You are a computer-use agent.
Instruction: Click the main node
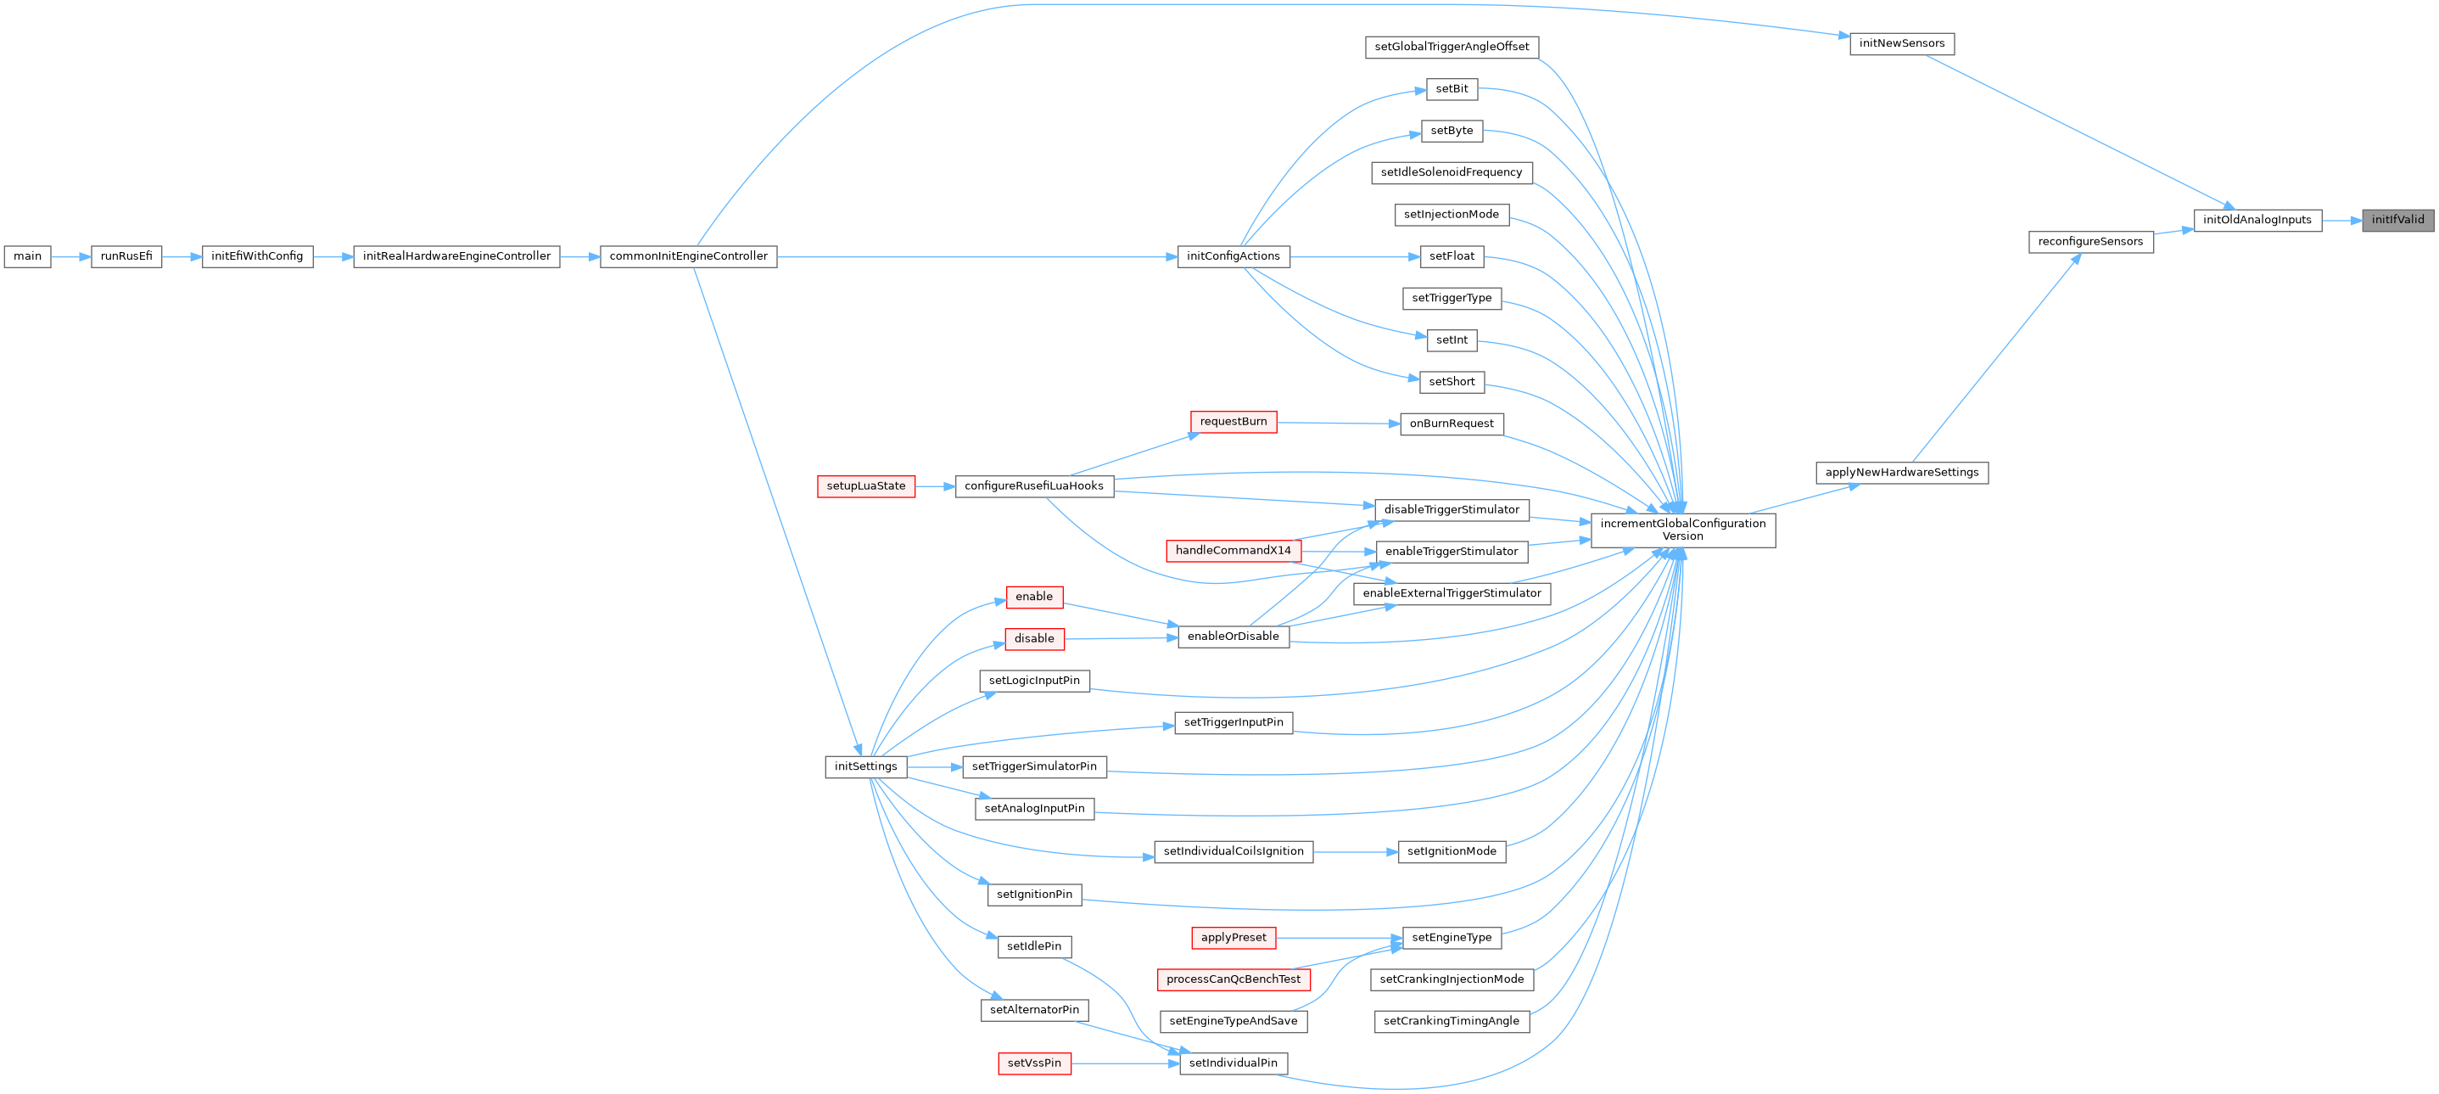(27, 256)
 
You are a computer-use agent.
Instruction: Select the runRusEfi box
(126, 256)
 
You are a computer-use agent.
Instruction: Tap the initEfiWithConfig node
(256, 256)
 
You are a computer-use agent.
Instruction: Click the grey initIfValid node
(2397, 220)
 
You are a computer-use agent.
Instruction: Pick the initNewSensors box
(1901, 43)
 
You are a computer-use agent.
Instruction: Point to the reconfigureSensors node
(2090, 242)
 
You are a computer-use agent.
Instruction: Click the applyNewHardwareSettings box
(1901, 473)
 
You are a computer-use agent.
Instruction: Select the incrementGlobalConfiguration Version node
(1682, 530)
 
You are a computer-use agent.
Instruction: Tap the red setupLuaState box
(865, 486)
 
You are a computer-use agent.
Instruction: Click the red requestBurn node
(1233, 422)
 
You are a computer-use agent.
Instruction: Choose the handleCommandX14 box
(1233, 550)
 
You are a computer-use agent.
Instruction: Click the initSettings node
(865, 766)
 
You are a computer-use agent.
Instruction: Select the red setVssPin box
(1034, 1063)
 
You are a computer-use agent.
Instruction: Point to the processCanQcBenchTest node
(1233, 979)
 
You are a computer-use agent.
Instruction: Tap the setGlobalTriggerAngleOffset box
(1452, 47)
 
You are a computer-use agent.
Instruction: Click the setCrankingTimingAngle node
(1452, 1021)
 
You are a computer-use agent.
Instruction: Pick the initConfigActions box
(1233, 256)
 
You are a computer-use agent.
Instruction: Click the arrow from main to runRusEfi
(71, 256)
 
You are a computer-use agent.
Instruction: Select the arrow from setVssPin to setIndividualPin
(1125, 1063)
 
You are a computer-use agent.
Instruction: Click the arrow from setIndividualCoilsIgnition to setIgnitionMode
(1355, 851)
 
